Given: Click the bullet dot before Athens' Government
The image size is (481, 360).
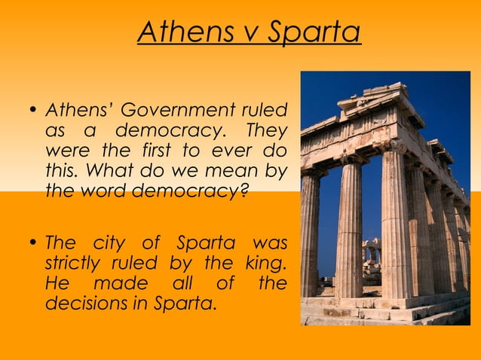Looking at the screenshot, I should click(x=33, y=111).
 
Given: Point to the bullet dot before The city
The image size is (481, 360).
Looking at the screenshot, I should click(x=33, y=244).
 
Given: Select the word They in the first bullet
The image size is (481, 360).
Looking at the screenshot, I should click(x=269, y=131).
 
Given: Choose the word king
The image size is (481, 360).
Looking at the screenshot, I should click(x=266, y=264).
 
